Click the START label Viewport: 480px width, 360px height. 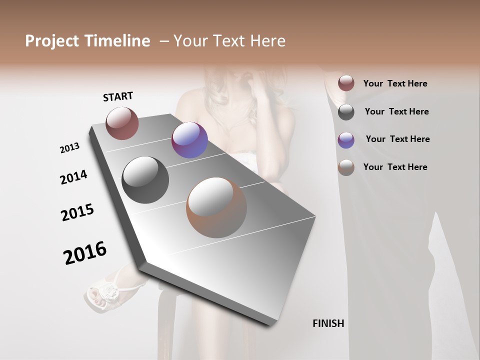pyautogui.click(x=118, y=96)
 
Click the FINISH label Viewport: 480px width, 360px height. pyautogui.click(x=328, y=323)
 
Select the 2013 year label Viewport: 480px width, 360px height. pyautogui.click(x=69, y=148)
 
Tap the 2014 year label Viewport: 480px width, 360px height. pyautogui.click(x=73, y=177)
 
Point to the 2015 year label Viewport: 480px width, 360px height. pyautogui.click(x=77, y=212)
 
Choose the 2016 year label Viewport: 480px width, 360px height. pyautogui.click(x=85, y=253)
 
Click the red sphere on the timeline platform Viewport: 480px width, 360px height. pyautogui.click(x=122, y=123)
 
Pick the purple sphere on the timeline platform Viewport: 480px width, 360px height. pyautogui.click(x=189, y=140)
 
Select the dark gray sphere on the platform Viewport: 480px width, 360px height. pyautogui.click(x=145, y=180)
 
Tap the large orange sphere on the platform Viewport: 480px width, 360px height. pyautogui.click(x=216, y=207)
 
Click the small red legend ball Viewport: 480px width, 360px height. pyautogui.click(x=346, y=83)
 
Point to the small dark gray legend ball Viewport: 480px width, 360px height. pyautogui.click(x=346, y=111)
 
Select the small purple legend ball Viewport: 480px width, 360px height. pyautogui.click(x=346, y=139)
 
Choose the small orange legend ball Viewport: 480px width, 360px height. pyautogui.click(x=346, y=167)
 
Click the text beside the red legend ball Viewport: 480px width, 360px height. pyautogui.click(x=395, y=83)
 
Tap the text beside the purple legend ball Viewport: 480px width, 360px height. pyautogui.click(x=397, y=139)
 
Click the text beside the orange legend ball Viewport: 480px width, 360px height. pyautogui.click(x=395, y=167)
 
